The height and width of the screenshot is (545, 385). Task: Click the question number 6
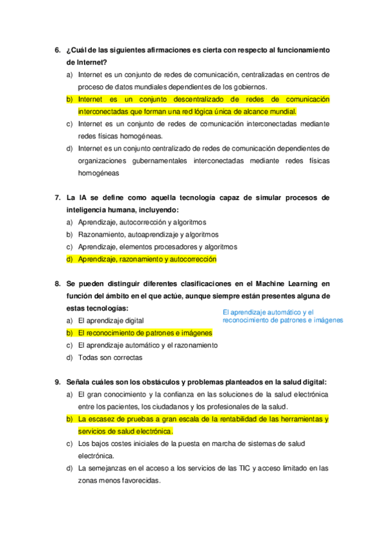pyautogui.click(x=58, y=50)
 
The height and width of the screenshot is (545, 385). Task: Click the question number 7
pyautogui.click(x=58, y=197)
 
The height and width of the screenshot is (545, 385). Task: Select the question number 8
pyautogui.click(x=58, y=283)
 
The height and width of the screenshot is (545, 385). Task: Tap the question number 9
pyautogui.click(x=58, y=381)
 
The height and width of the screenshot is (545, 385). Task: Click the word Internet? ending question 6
pyautogui.click(x=87, y=62)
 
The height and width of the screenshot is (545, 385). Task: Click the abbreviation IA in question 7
pyautogui.click(x=83, y=197)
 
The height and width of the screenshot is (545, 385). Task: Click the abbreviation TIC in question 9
pyautogui.click(x=243, y=469)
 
